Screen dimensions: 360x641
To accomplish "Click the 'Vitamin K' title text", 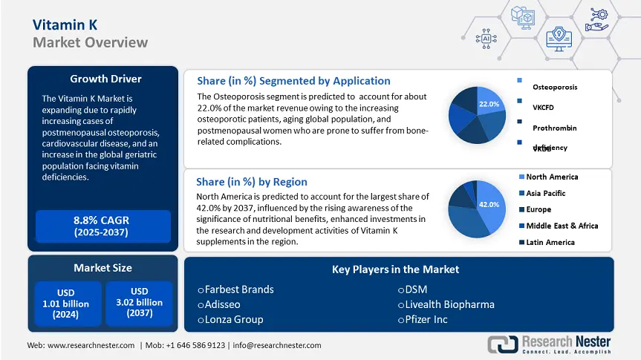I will pyautogui.click(x=60, y=24).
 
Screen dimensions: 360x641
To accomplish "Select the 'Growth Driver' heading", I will pyautogui.click(x=105, y=79).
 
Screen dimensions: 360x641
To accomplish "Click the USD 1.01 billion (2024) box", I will pyautogui.click(x=65, y=303).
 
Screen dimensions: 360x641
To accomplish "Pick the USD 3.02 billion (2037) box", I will pyautogui.click(x=139, y=303).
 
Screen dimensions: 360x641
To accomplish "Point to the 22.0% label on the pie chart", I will pyautogui.click(x=489, y=104).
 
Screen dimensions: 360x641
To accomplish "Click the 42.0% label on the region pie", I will pyautogui.click(x=489, y=203).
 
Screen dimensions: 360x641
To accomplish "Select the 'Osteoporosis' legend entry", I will pyautogui.click(x=554, y=88).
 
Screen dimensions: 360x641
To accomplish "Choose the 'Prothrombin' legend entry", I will pyautogui.click(x=554, y=128).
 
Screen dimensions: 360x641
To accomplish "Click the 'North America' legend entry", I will pyautogui.click(x=552, y=177).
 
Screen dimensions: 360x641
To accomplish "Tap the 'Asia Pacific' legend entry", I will pyautogui.click(x=546, y=193).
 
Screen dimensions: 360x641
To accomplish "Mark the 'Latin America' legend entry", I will pyautogui.click(x=550, y=242).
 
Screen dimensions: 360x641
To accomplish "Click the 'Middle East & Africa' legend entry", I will pyautogui.click(x=562, y=226).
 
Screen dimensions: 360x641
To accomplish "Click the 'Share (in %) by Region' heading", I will pyautogui.click(x=252, y=181).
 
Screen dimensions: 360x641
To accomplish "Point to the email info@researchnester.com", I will pyautogui.click(x=277, y=345).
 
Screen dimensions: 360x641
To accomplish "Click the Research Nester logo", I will pyautogui.click(x=549, y=344).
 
